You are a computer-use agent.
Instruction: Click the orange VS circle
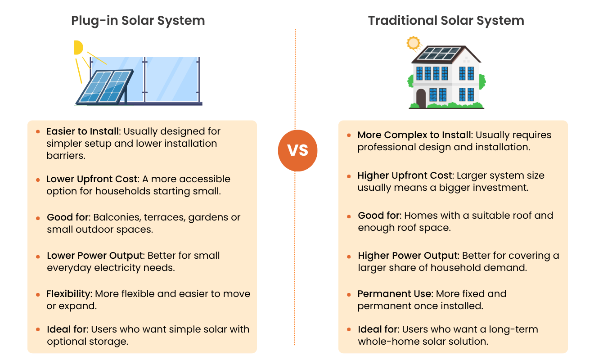tap(297, 151)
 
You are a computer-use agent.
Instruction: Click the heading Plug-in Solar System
tap(138, 21)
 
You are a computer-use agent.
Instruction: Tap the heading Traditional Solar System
tap(446, 21)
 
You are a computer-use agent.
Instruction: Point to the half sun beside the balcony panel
tap(78, 47)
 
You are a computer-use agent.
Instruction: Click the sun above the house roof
tap(413, 43)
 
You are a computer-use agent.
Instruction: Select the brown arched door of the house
tap(421, 98)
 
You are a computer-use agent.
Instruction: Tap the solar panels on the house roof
tap(439, 53)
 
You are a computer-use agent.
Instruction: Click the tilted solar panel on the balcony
tap(105, 87)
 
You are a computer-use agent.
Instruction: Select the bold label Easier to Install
tap(83, 131)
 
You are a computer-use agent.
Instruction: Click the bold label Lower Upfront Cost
tap(92, 179)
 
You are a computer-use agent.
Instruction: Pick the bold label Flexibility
tap(68, 294)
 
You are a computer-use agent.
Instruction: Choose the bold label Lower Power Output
tap(95, 256)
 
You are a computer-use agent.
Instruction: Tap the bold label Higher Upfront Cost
tap(405, 175)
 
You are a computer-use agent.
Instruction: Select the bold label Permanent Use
tap(395, 294)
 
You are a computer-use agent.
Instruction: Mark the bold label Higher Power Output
tap(408, 256)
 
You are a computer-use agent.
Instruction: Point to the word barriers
tap(66, 156)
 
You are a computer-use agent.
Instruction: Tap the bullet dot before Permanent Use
tap(349, 294)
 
